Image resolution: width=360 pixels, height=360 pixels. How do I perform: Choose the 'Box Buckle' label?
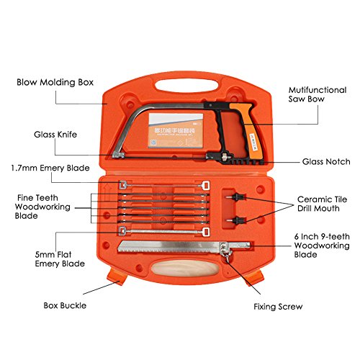[x=63, y=305]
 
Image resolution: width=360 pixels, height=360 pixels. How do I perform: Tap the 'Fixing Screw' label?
[x=278, y=306]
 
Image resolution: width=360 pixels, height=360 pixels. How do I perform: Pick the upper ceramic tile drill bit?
[x=233, y=195]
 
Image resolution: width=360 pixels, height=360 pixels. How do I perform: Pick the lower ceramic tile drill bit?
[x=233, y=218]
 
